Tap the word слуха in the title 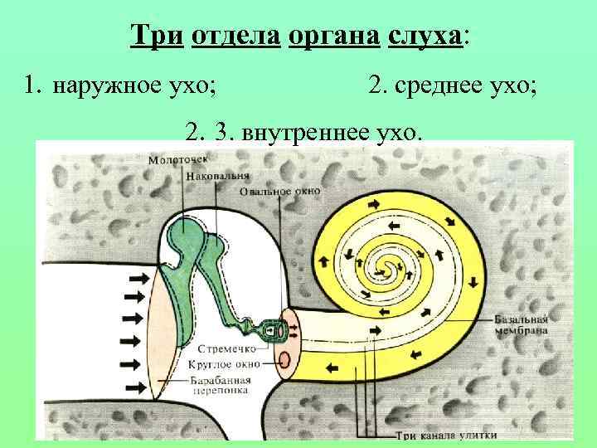(x=423, y=37)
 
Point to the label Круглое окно (x=226, y=363)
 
